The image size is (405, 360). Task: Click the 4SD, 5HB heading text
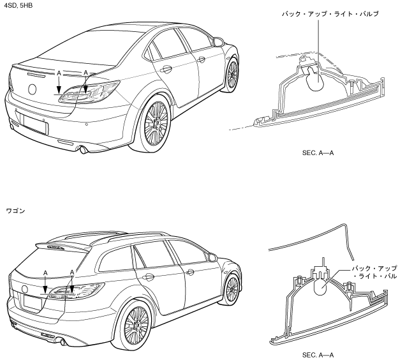point(16,5)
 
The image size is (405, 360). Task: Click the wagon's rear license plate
point(33,304)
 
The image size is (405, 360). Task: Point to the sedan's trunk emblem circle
point(33,88)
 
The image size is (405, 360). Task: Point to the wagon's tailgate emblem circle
point(26,288)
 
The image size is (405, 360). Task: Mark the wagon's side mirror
point(212,256)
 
